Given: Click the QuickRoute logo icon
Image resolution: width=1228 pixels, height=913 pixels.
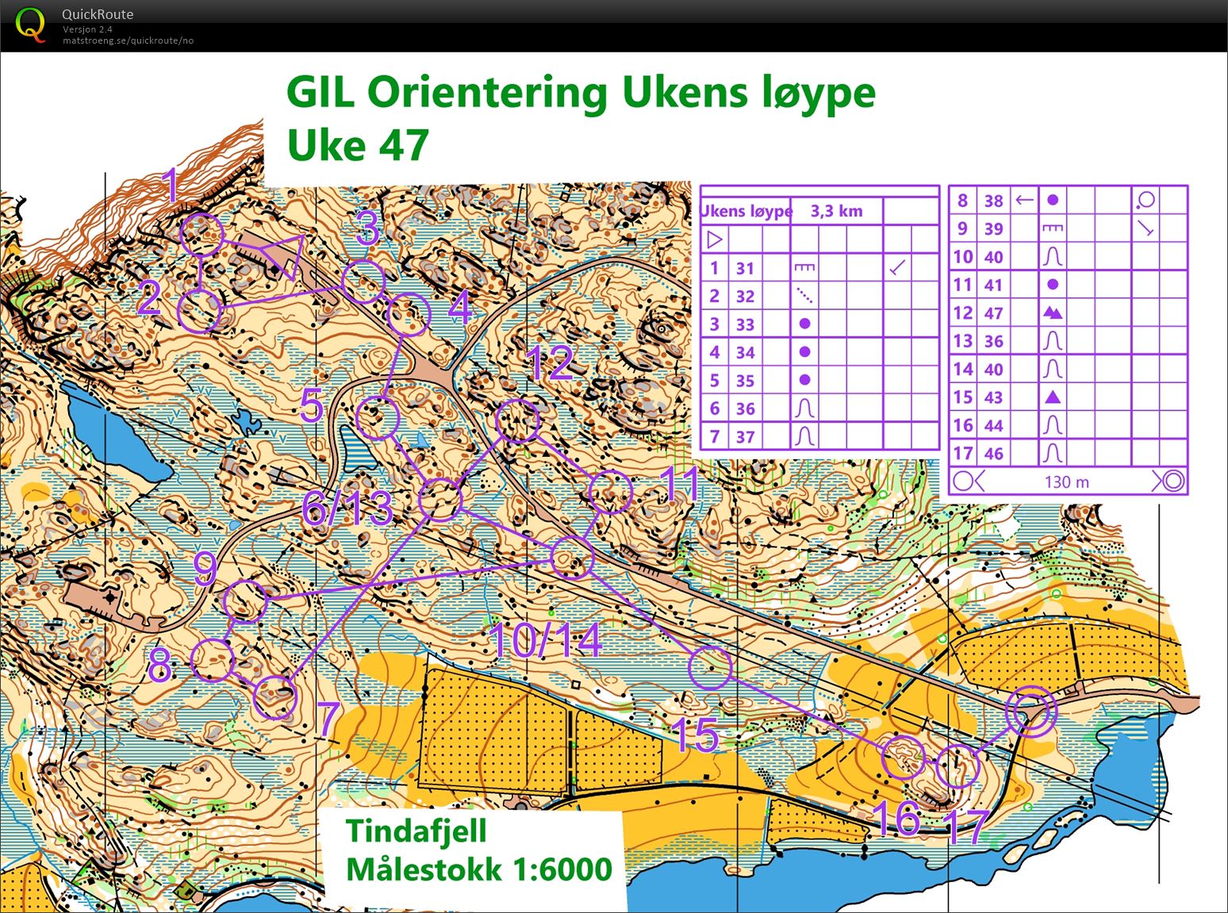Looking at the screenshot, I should coord(31,25).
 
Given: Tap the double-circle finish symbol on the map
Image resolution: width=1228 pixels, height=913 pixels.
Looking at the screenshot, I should coord(1030,711).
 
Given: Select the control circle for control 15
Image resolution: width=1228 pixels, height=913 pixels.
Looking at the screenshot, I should coord(709,667).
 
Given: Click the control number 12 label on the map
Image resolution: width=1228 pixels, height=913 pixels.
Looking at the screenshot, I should coord(550,363).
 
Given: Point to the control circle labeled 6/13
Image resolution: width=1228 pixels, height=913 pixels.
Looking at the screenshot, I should coord(440,500).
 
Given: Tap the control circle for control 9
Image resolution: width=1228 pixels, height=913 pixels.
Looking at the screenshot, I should coord(245,600).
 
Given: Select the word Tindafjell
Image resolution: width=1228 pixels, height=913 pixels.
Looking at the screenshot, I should coord(416,831).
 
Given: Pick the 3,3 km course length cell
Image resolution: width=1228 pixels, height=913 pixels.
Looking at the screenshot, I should coord(836,211).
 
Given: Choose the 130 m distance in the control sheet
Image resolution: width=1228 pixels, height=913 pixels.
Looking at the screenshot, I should coord(1066,481).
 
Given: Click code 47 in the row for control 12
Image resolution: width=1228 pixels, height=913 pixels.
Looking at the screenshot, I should coord(993,313).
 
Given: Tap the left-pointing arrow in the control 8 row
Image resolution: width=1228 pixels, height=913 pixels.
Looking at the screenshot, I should coord(1024,200).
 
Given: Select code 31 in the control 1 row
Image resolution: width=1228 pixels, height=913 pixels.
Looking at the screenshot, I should coord(744,268).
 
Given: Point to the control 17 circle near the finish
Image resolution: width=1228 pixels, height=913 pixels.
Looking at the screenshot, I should coord(957,767).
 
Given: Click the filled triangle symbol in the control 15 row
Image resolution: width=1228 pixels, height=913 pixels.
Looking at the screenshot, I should coord(1052,397).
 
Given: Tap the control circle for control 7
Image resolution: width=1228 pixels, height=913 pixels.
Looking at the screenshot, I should coord(275,697).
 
